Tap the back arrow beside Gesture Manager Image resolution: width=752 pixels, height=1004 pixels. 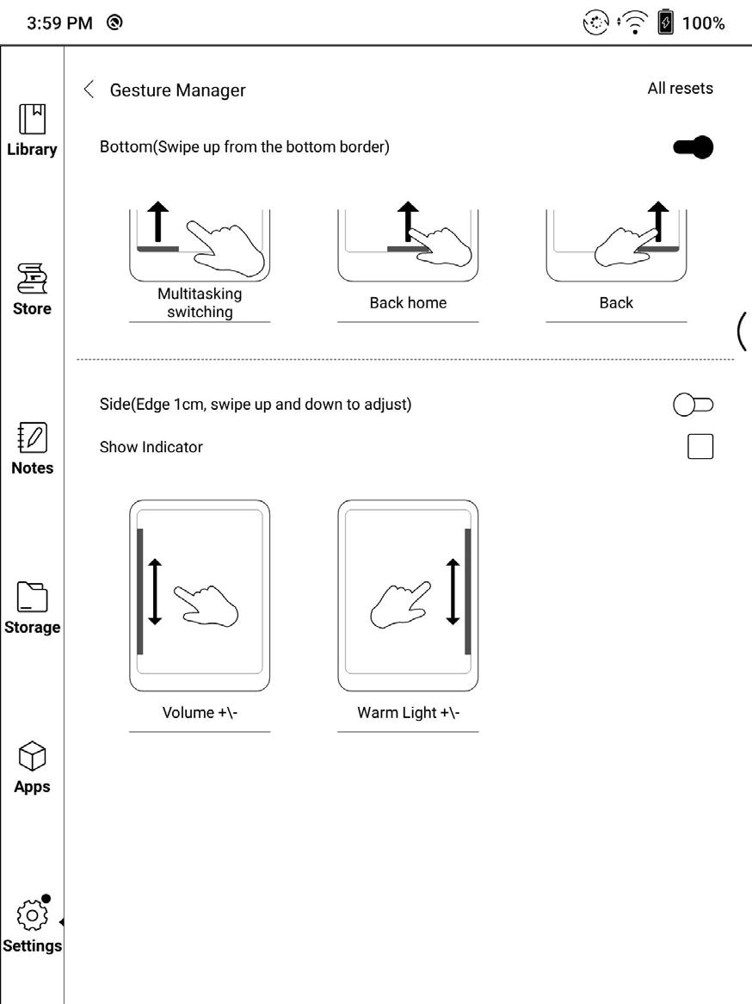tap(88, 90)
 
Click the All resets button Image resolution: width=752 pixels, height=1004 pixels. tap(680, 88)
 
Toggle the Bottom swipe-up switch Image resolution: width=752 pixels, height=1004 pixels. tap(693, 147)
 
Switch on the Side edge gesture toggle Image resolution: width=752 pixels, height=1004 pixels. tap(693, 404)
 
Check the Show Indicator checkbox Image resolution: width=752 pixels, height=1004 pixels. tap(700, 447)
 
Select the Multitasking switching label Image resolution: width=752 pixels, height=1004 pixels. tap(200, 303)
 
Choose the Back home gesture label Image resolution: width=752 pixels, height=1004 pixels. tap(408, 303)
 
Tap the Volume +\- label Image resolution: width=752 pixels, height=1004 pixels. tap(200, 713)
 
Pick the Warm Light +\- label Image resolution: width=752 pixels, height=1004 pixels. tap(408, 713)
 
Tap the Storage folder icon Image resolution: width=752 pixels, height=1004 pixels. tap(32, 597)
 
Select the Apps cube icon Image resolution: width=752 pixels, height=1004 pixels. tap(32, 757)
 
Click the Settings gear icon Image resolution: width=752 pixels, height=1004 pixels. tap(32, 915)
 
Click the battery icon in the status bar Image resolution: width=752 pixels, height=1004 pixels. tap(665, 23)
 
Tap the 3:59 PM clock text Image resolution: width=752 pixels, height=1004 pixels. tap(59, 23)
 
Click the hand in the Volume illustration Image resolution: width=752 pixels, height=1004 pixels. tap(206, 604)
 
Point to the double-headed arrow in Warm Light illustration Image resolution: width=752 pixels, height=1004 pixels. tap(453, 592)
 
